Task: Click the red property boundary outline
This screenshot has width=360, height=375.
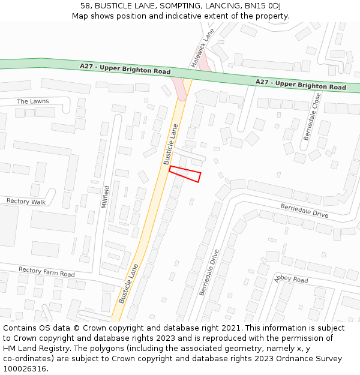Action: [x=184, y=173]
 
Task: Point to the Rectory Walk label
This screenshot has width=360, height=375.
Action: [x=26, y=202]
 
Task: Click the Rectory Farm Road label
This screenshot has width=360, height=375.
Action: [x=46, y=272]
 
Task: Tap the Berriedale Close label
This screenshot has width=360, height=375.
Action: [x=311, y=116]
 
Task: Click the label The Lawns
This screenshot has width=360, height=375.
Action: [x=33, y=101]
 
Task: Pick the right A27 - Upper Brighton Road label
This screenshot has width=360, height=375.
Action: [x=301, y=84]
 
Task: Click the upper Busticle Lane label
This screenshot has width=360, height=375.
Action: [x=171, y=144]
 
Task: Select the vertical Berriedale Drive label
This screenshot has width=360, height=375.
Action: [x=209, y=272]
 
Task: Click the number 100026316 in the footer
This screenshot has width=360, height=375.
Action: [x=25, y=368]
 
